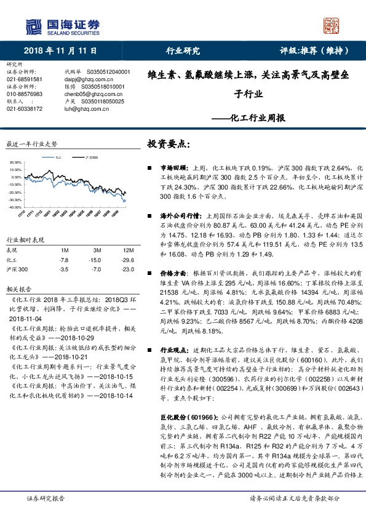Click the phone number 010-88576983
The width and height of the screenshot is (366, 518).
[24, 94]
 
